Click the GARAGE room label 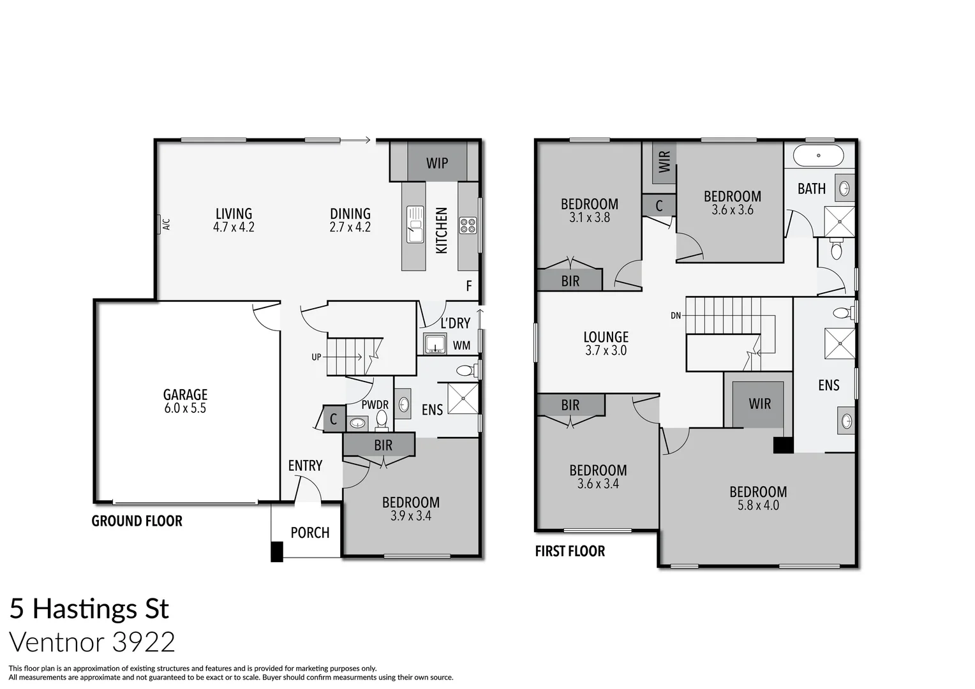(185, 395)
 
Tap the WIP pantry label (437, 163)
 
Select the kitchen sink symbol (415, 224)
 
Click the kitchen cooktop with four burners (468, 225)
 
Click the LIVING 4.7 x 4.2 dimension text (234, 227)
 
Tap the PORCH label (310, 533)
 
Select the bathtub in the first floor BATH (819, 156)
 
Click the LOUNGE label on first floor (606, 337)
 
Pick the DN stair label (676, 315)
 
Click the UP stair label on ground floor (316, 357)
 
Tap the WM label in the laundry (461, 346)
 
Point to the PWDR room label (375, 405)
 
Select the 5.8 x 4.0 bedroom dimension (758, 505)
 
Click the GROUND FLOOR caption (137, 521)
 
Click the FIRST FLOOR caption (570, 551)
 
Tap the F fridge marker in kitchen (469, 286)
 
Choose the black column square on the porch (277, 551)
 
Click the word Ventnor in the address (57, 642)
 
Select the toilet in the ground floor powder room (382, 419)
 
